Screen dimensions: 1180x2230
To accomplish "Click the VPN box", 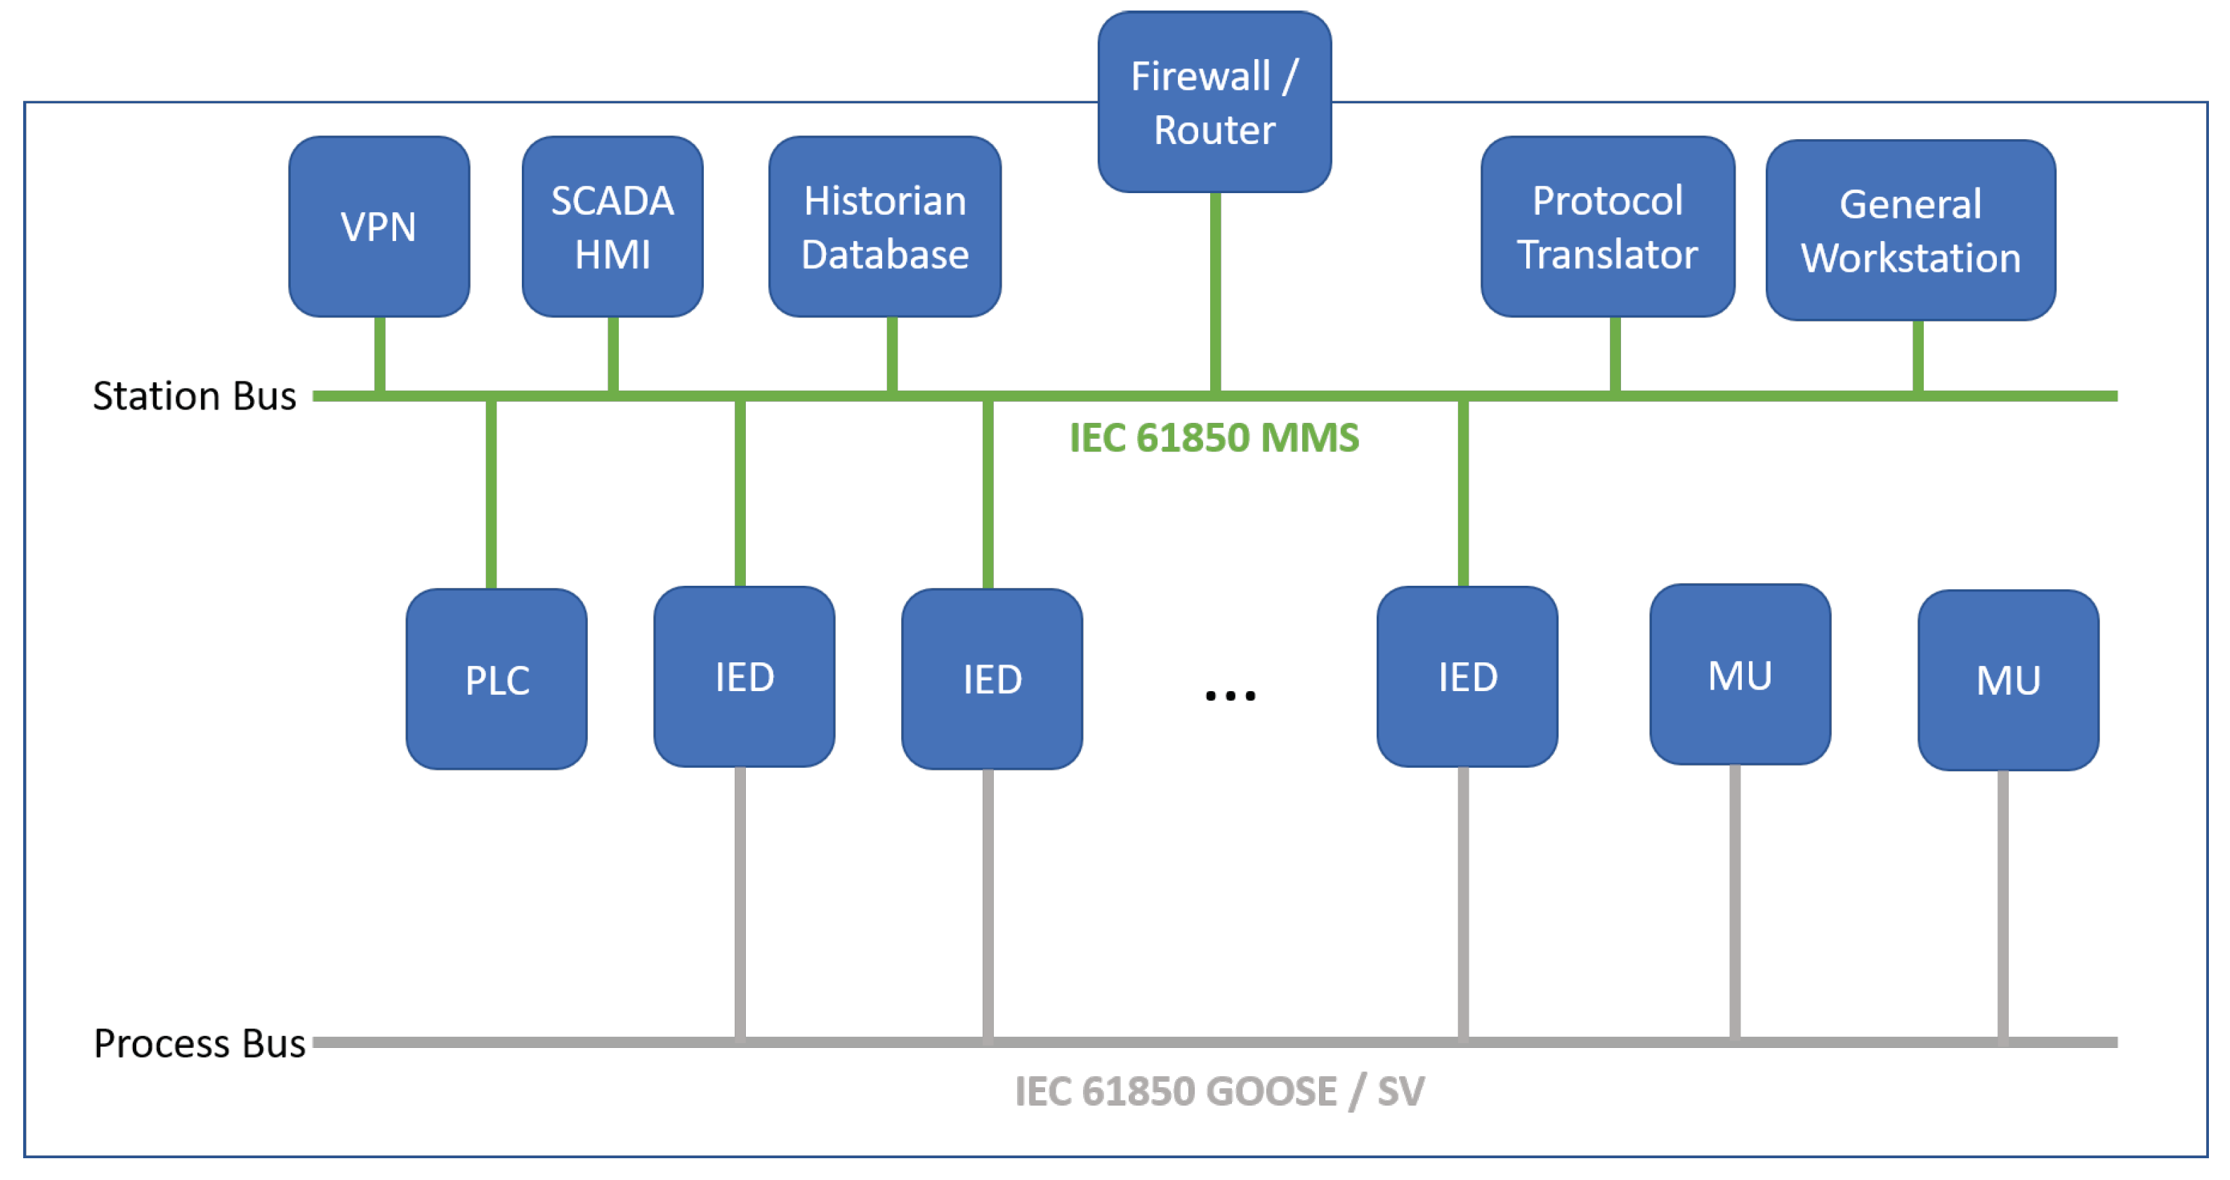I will (379, 227).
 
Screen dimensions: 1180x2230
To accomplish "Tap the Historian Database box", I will (885, 227).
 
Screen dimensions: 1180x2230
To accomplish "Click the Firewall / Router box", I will (1214, 102).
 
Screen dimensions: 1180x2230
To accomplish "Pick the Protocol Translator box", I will (1607, 227).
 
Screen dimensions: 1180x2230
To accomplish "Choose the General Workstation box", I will (1910, 230).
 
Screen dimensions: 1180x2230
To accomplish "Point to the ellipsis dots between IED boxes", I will (1229, 695).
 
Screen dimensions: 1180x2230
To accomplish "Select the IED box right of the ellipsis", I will (1467, 677).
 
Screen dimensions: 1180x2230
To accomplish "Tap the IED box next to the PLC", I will (744, 677).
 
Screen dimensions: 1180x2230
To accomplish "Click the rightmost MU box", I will (2007, 681).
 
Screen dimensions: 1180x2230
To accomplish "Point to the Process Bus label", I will (199, 1043).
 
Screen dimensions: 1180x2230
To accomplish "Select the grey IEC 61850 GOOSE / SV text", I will (1219, 1091).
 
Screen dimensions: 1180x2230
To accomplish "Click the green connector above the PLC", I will (491, 494).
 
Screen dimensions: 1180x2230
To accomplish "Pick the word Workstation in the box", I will (1910, 258).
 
